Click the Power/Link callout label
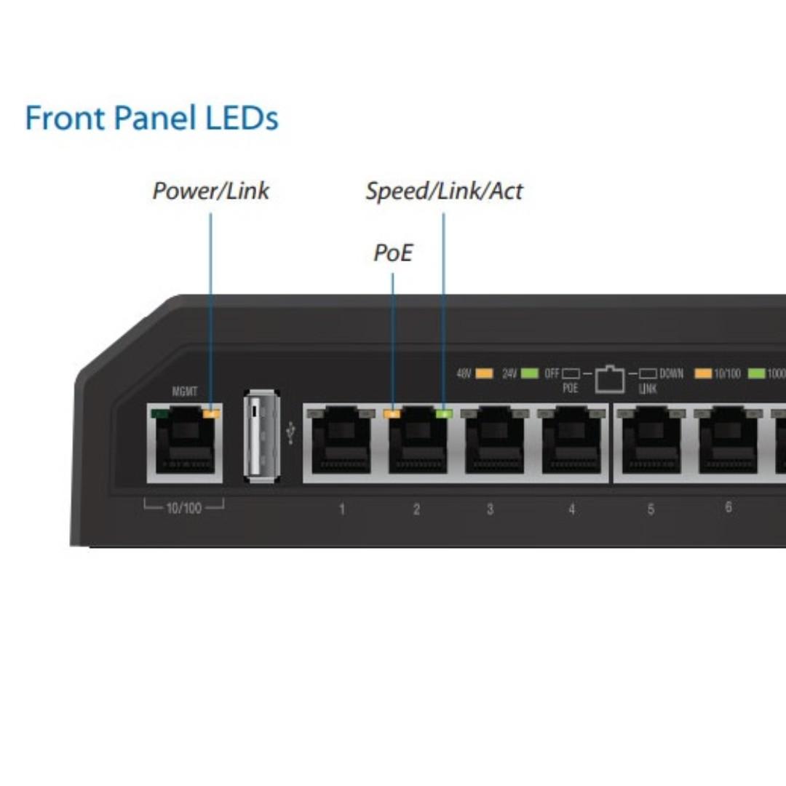point(210,191)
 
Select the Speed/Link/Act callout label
point(444,191)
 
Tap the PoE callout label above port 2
point(393,253)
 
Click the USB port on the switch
point(261,436)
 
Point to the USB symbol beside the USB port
point(292,434)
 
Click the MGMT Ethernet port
point(185,444)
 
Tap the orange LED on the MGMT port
point(212,414)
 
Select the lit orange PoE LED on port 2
point(392,414)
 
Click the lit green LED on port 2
point(443,414)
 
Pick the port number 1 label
point(341,509)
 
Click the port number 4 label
point(571,509)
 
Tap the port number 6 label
point(729,507)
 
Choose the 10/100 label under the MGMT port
point(183,507)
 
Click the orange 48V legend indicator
point(484,374)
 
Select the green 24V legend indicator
point(530,374)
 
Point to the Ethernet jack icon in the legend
point(610,378)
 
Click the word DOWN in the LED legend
point(671,374)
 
